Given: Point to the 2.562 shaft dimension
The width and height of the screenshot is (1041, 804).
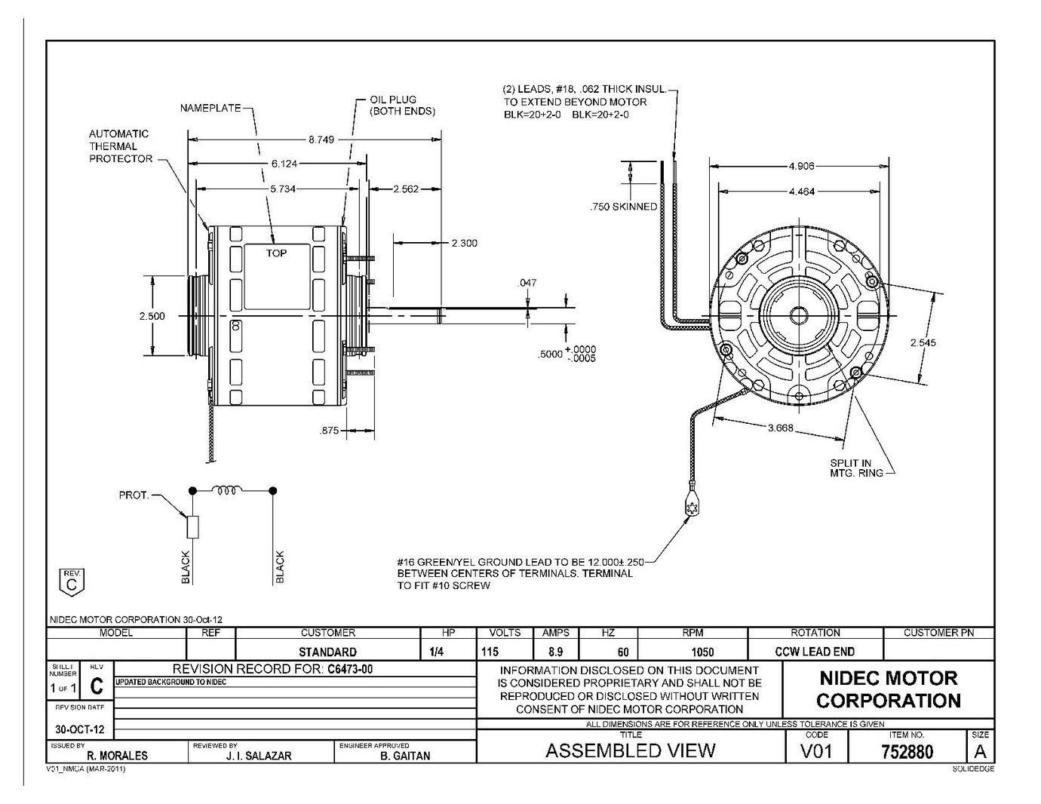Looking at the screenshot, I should coord(406,189).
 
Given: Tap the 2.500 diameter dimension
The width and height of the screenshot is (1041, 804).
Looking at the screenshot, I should coord(152,316).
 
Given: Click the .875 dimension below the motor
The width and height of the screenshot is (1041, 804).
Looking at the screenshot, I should coord(329,431).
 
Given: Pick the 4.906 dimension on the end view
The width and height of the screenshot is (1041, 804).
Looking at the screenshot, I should coord(801,167).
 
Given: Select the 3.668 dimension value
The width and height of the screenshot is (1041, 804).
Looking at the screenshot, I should coord(781,428).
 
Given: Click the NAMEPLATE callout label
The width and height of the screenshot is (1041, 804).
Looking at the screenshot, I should coord(210,108).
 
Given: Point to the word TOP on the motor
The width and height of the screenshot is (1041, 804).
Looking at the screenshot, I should coord(276,253).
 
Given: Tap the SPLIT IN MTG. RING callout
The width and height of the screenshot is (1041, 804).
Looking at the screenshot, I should coord(851,468).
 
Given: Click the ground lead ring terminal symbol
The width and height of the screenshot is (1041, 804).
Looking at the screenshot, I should coord(689,508).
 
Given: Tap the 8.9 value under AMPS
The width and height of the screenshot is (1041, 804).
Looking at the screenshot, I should coord(554,652).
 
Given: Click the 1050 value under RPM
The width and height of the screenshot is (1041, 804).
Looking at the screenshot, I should coord(691,652).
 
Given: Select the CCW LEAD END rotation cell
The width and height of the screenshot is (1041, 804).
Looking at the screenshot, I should coord(814,652).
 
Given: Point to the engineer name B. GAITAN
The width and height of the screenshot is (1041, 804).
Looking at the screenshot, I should coord(405,755).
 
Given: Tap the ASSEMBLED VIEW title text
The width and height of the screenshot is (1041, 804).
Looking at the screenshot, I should coord(630,750).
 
